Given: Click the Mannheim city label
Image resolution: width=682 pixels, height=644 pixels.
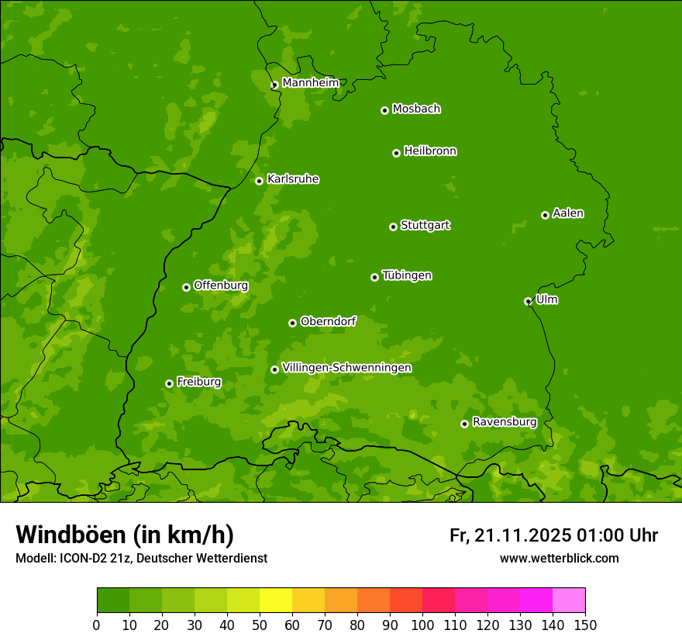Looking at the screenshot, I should [310, 82].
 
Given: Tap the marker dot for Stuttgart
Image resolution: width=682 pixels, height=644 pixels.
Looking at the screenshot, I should [393, 227].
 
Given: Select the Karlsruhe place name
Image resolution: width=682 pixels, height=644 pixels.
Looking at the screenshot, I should [293, 179].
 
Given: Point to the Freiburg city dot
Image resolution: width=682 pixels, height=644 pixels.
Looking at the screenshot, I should [169, 383].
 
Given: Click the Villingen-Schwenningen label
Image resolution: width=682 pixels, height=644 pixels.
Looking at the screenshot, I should [346, 368].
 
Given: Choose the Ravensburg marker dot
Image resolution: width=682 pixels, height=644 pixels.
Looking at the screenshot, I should [464, 424].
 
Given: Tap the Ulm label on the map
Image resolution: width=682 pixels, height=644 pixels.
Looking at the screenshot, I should [547, 299].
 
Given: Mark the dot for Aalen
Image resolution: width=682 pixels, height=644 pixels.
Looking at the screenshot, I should [545, 215].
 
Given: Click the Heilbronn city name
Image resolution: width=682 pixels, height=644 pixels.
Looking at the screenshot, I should [430, 151].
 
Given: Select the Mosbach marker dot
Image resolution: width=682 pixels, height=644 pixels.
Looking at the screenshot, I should [384, 110].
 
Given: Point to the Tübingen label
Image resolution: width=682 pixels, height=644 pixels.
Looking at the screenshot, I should [407, 275].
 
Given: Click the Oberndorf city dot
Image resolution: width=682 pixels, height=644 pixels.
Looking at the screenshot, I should [292, 323].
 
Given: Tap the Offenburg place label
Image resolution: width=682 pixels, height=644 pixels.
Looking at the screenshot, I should [221, 286].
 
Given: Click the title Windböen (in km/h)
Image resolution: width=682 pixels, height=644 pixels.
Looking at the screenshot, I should [125, 535].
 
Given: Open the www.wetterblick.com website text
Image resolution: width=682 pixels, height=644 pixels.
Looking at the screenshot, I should [559, 558].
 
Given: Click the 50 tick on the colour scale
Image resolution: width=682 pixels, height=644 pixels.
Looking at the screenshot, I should [260, 625].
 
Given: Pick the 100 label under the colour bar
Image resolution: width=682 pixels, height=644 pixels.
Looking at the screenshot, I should [422, 625].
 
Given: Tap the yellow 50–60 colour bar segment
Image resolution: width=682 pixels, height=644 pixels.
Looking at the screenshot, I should [276, 601].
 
